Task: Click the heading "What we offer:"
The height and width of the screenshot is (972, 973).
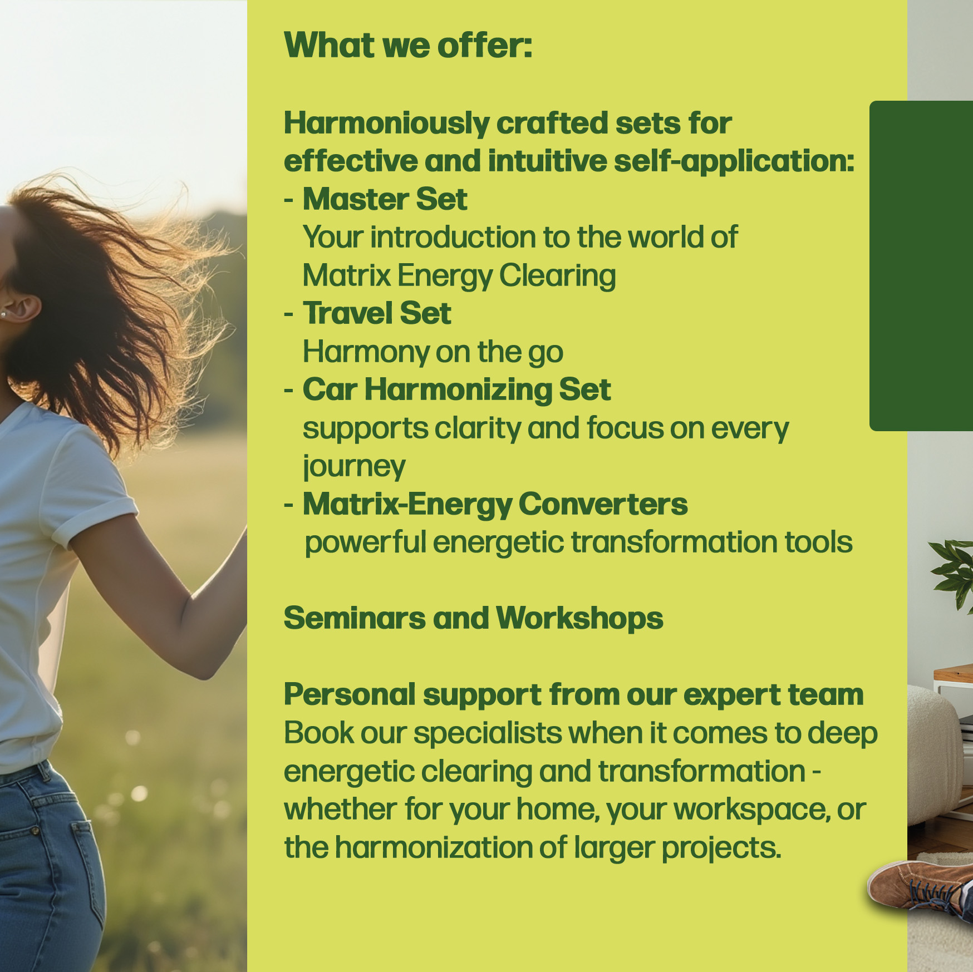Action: (408, 45)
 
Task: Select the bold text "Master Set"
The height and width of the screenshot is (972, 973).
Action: (385, 199)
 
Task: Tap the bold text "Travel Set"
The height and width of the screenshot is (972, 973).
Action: (377, 313)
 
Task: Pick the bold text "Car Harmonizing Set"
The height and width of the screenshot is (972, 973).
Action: (456, 389)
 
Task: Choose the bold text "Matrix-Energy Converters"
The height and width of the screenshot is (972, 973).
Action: (495, 504)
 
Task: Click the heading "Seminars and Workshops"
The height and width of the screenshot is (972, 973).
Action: (473, 618)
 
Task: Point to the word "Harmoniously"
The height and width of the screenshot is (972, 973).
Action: (386, 124)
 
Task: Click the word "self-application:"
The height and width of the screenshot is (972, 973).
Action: (734, 162)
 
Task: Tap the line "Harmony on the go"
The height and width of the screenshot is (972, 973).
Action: (433, 352)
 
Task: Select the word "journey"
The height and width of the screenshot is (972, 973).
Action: (354, 467)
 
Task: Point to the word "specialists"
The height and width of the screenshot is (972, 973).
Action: (488, 733)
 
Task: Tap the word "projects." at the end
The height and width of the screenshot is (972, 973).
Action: (721, 848)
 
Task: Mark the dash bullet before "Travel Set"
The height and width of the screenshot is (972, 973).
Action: (288, 314)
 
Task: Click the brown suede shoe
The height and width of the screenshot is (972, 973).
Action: (918, 887)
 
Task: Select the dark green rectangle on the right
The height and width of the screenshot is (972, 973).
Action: (921, 266)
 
